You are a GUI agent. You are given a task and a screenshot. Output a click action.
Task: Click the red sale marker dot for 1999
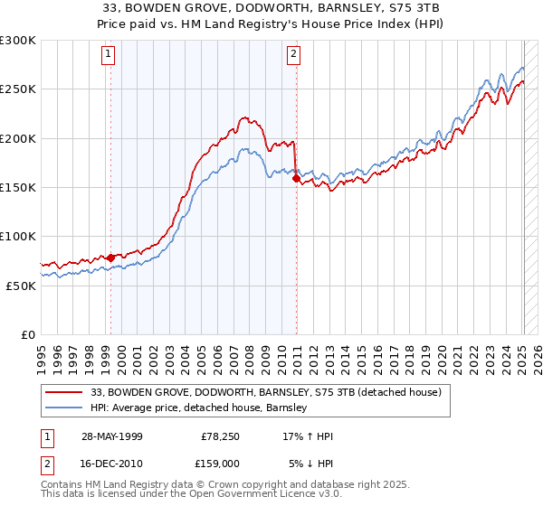110,258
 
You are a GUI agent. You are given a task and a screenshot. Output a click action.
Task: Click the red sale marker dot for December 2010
296,179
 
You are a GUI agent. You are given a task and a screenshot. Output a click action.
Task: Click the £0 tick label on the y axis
27,334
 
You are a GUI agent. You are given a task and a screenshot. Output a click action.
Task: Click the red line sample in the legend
64,392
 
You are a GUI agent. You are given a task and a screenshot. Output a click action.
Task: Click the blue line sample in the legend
64,408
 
